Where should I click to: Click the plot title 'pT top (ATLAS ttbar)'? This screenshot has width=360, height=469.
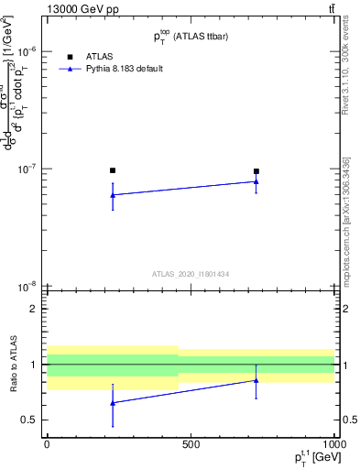point(191,36)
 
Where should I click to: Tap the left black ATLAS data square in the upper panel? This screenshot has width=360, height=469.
point(113,170)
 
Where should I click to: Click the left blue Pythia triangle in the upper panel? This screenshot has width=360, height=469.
point(113,195)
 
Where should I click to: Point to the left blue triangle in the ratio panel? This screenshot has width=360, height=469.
point(113,403)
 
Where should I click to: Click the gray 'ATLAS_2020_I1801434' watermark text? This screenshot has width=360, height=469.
point(190,274)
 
